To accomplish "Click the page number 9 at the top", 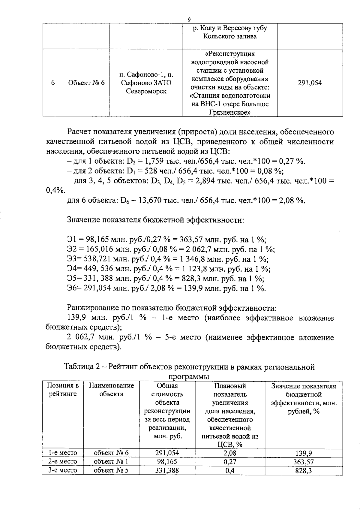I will click(x=189, y=20).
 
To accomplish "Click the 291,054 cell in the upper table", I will click(x=310, y=83).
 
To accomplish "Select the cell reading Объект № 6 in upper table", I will click(x=86, y=83).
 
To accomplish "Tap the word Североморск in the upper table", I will click(x=146, y=91).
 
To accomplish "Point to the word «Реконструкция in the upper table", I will click(x=230, y=54).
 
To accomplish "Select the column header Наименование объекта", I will click(x=111, y=390).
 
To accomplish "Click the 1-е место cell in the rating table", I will click(x=63, y=453).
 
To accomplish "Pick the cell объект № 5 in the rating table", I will click(x=111, y=470).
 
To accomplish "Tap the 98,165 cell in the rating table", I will click(x=167, y=461).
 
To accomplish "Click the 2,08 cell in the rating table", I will click(x=230, y=453).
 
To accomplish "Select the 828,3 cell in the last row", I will click(x=304, y=471).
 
